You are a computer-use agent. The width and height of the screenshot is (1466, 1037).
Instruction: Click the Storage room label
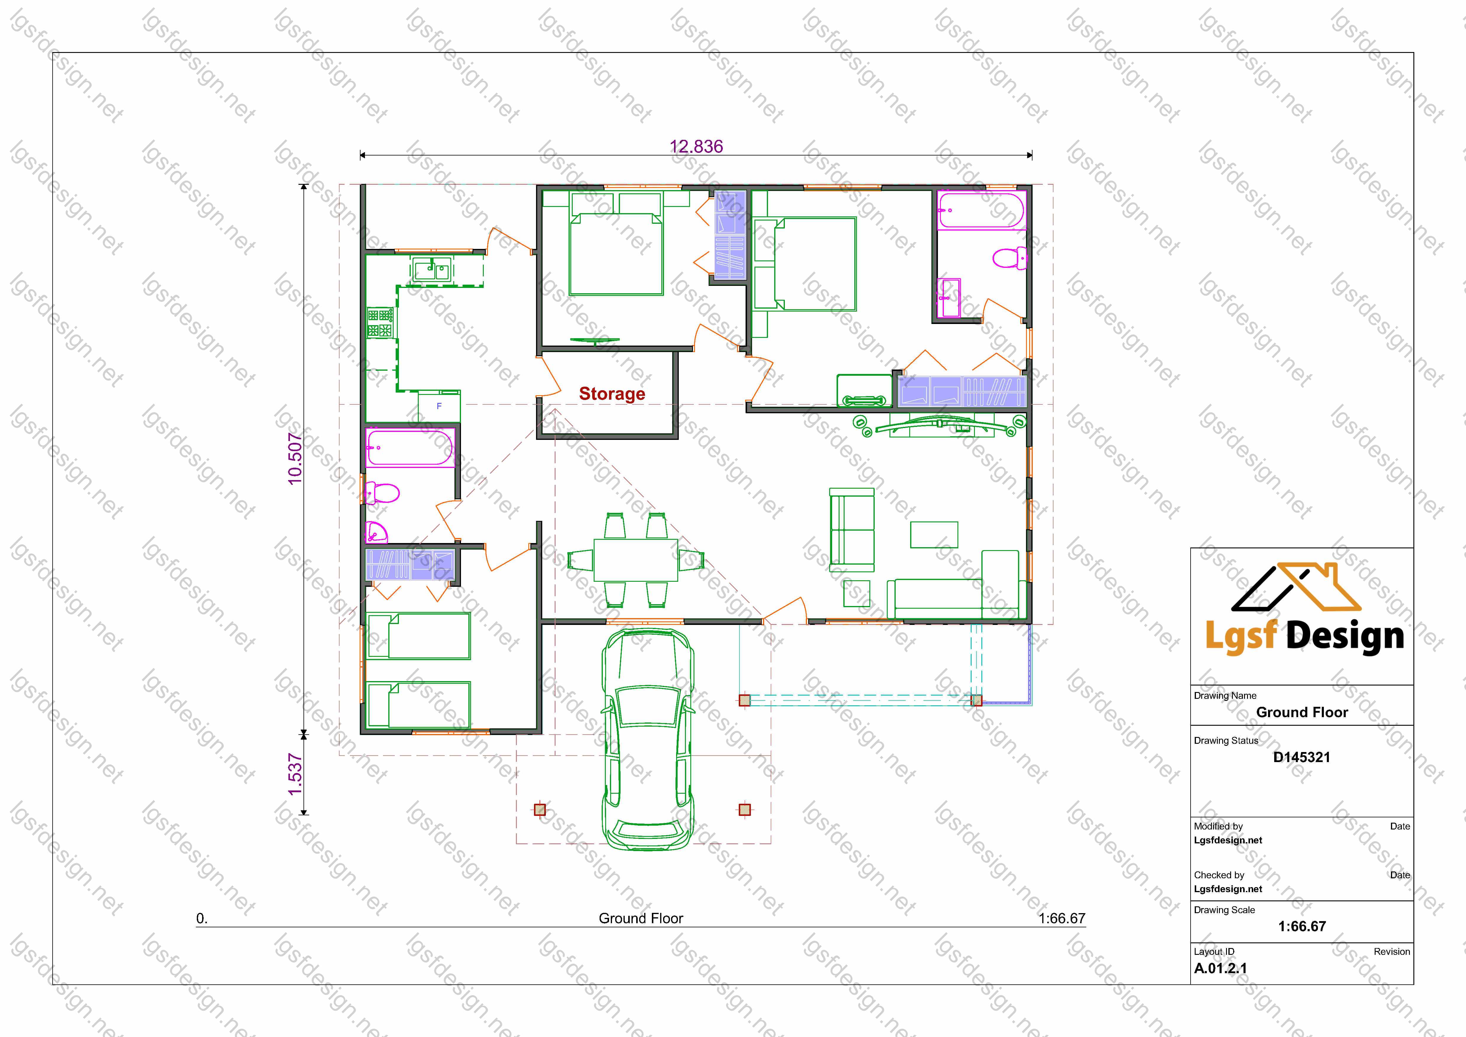click(x=612, y=394)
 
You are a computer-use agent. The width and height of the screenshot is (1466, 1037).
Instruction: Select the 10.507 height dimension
click(x=295, y=458)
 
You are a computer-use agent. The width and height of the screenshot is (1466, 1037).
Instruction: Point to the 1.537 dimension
click(x=295, y=774)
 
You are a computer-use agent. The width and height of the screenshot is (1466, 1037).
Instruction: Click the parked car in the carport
click(x=647, y=739)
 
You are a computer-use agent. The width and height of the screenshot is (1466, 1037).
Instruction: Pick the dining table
click(x=635, y=560)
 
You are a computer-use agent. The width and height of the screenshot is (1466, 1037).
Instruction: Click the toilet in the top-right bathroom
click(x=1009, y=258)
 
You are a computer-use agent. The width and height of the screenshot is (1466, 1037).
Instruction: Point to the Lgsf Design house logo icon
click(x=1296, y=587)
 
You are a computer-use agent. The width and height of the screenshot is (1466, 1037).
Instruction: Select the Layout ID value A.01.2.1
click(x=1220, y=968)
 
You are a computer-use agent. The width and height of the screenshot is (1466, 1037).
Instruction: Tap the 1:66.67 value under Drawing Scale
click(x=1302, y=926)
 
